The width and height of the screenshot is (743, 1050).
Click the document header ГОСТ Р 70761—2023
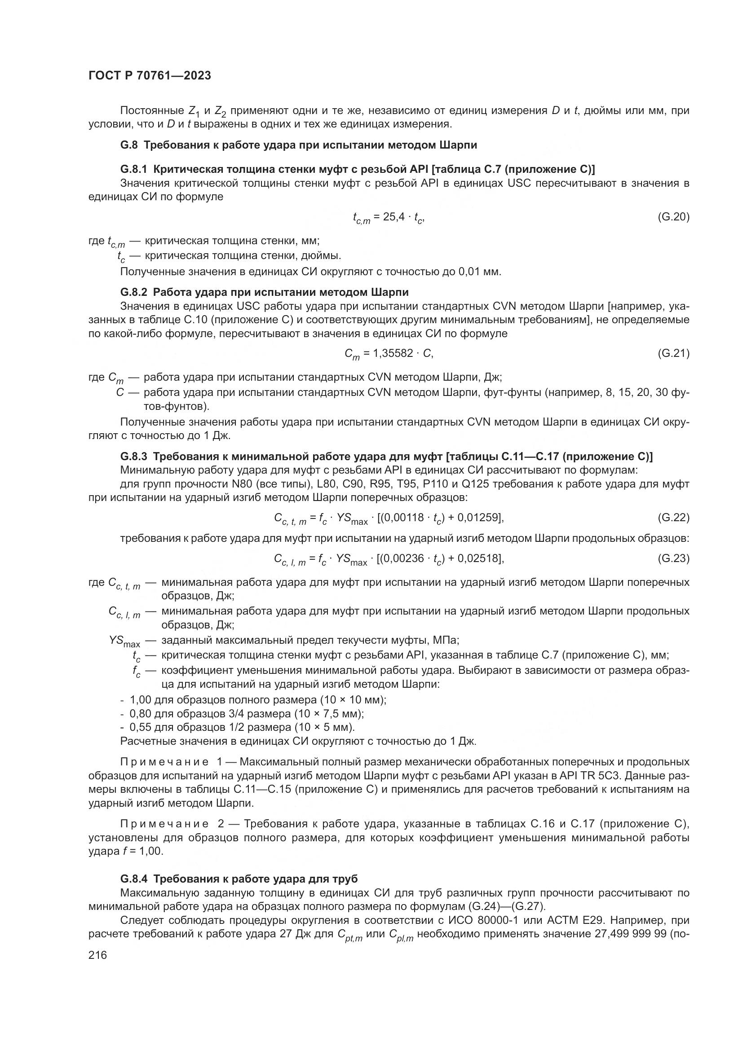tap(150, 76)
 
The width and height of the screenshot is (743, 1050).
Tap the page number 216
tap(97, 955)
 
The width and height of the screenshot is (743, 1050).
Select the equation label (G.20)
tap(673, 217)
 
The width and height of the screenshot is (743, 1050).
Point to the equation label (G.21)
tap(673, 353)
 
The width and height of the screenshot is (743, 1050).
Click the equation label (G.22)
tap(673, 517)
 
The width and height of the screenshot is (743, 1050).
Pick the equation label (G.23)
tap(673, 558)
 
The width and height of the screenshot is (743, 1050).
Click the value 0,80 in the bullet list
tap(140, 713)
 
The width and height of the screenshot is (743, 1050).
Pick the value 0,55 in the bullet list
tap(140, 727)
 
